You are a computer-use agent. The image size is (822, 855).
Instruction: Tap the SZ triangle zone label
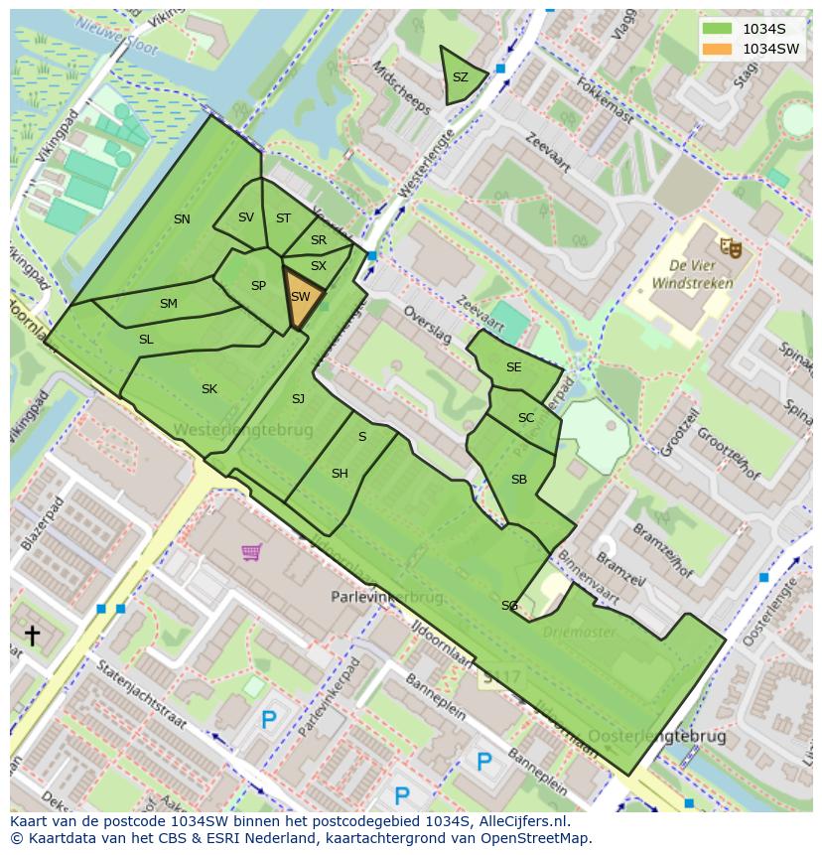[460, 77]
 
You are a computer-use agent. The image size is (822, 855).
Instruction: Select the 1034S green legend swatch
[718, 29]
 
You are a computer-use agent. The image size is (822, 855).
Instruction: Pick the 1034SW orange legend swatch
[718, 49]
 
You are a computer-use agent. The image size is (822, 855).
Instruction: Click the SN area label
[182, 219]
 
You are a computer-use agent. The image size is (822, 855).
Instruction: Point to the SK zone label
[208, 389]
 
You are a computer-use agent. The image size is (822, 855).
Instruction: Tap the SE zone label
[513, 367]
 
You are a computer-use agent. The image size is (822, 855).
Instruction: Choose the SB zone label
[518, 480]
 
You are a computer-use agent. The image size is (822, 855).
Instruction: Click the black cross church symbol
[32, 635]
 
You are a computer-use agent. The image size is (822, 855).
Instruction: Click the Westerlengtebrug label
[243, 430]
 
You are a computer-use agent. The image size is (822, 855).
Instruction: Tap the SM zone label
[168, 304]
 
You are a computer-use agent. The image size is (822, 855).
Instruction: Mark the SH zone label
[340, 474]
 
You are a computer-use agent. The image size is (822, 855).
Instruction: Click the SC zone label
[526, 418]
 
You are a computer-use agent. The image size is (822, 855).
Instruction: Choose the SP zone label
[258, 286]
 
